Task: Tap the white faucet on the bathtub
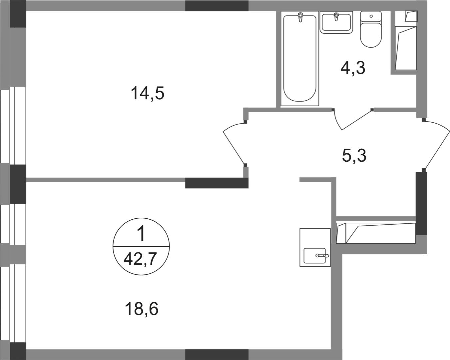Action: click(301, 17)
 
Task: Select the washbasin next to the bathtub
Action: click(337, 22)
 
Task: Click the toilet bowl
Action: click(371, 30)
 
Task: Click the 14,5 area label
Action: click(148, 94)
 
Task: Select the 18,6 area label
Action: click(143, 309)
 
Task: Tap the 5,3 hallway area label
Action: click(354, 155)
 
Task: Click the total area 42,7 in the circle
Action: click(140, 259)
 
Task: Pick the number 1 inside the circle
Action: click(141, 235)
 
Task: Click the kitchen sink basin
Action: click(315, 256)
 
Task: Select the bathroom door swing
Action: click(352, 118)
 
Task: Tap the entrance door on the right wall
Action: click(436, 145)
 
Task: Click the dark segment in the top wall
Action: click(217, 6)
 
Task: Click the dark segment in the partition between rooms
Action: click(217, 183)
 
